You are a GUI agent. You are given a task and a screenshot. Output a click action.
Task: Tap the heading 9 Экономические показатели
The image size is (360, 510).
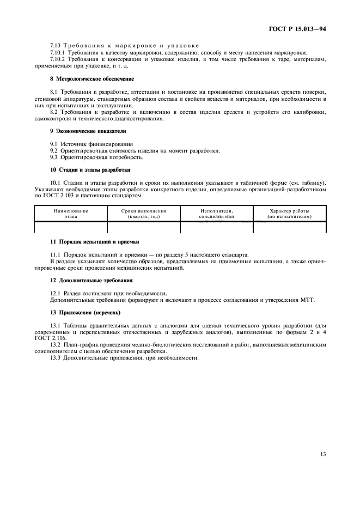[80, 131]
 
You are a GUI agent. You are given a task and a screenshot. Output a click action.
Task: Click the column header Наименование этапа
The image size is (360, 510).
[71, 213]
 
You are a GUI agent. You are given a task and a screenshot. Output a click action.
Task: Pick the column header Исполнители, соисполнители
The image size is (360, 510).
[217, 213]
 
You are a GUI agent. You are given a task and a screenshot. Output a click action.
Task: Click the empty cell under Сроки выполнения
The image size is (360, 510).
[144, 227]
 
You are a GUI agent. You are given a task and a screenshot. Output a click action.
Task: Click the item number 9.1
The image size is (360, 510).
[54, 143]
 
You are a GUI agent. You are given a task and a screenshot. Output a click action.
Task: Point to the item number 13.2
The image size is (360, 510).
[56, 345]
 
